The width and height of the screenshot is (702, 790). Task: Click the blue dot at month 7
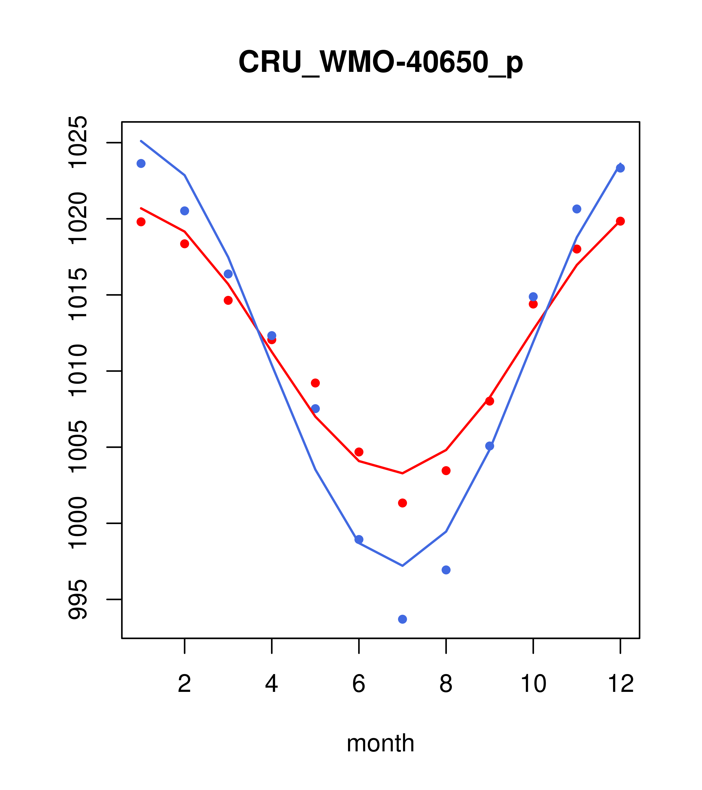[x=402, y=620]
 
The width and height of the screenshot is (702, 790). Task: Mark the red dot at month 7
[x=402, y=503]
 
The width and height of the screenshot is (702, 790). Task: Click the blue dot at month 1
[x=141, y=164]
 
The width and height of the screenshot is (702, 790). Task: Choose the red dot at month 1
[x=141, y=222]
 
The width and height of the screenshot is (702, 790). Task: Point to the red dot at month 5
[x=315, y=383]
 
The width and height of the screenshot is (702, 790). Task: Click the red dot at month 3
[x=228, y=300]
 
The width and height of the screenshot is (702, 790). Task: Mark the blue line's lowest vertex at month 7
[x=402, y=566]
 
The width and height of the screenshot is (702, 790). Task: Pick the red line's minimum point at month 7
[x=402, y=473]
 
